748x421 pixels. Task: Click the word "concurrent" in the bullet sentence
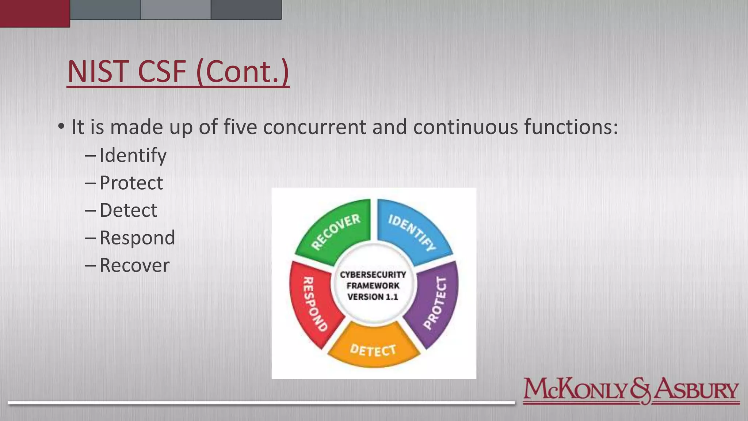coord(314,127)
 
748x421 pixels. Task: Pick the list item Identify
coord(133,155)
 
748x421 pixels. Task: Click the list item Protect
coord(131,183)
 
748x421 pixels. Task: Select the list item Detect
coord(128,210)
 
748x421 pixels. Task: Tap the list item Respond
coord(137,238)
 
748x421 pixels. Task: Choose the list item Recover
coord(134,265)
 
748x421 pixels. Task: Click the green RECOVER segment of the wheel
coord(335,232)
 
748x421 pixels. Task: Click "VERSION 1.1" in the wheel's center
coord(373,297)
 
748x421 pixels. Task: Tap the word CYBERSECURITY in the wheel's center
coord(373,274)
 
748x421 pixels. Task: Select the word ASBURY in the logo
coord(696,390)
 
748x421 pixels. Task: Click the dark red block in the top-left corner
coord(35,13)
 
